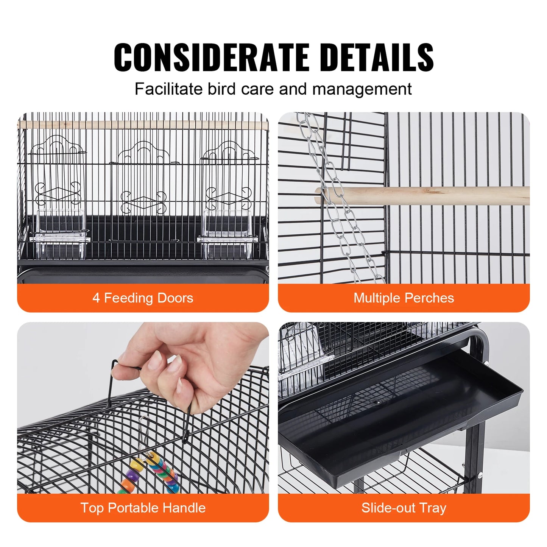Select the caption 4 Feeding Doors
click(x=143, y=298)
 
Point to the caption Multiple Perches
click(x=404, y=298)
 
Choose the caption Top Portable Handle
click(x=143, y=508)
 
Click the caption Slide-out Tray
click(x=404, y=508)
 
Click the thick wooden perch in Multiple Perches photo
click(x=428, y=196)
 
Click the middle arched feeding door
click(x=143, y=178)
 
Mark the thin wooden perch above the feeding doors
click(x=143, y=125)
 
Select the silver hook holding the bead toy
click(x=143, y=435)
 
